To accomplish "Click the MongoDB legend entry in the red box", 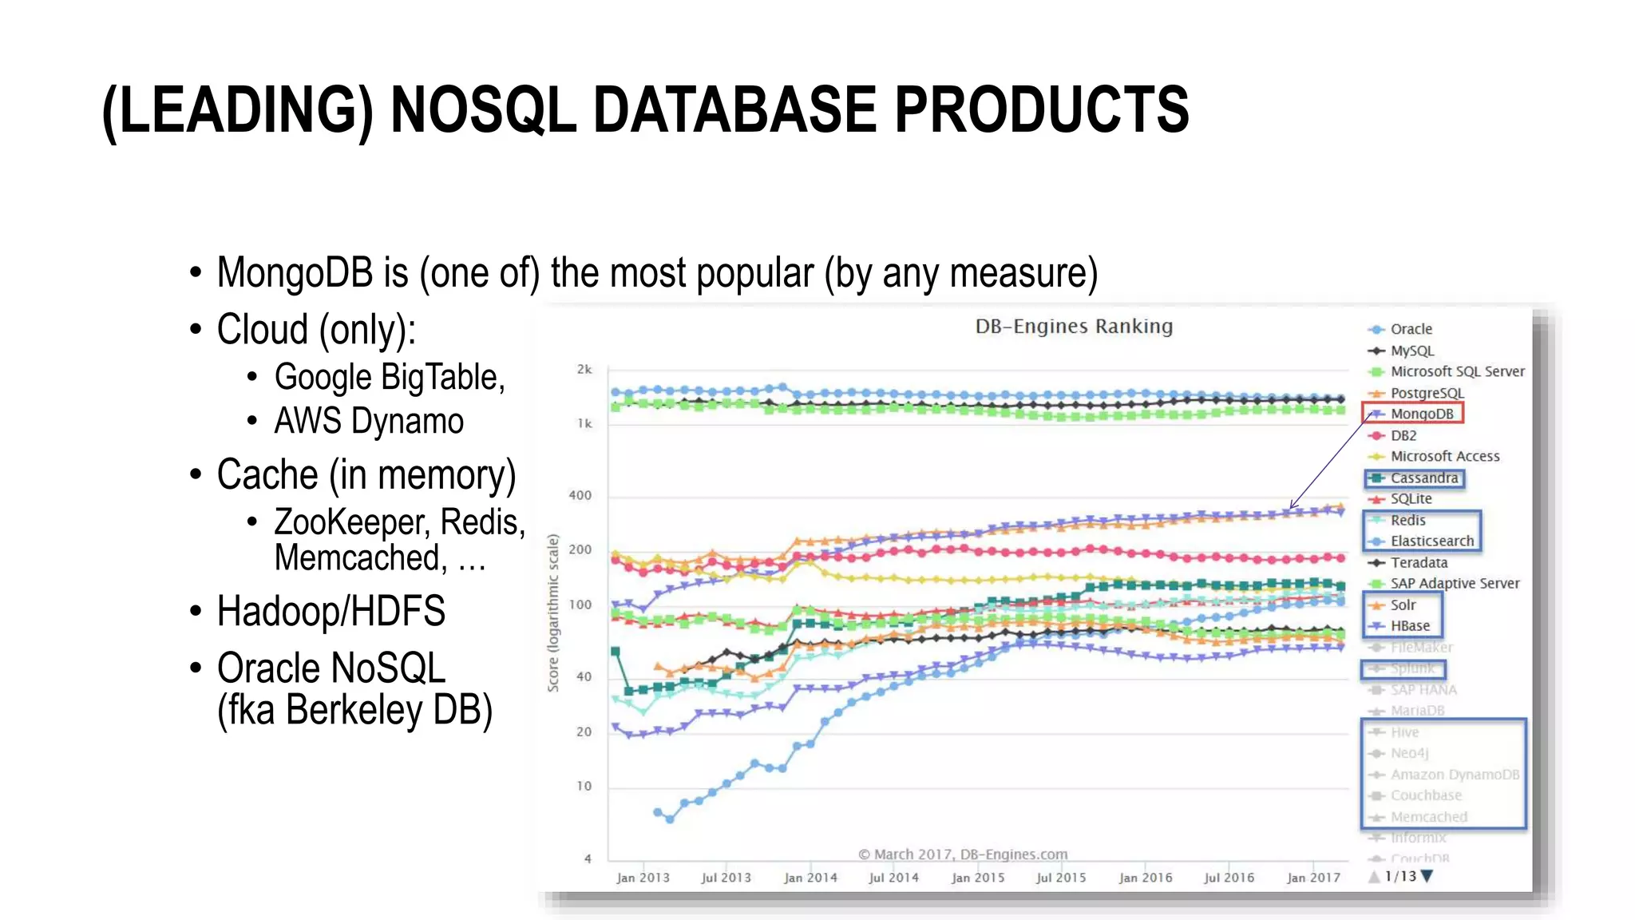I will [1421, 414].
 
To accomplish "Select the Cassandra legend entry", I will [1423, 478].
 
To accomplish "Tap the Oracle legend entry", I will [1411, 329].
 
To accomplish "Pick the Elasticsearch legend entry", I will [1431, 541].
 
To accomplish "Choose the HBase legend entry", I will [1410, 625].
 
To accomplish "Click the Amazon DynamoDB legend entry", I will [1454, 774].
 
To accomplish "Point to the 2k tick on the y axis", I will [584, 369].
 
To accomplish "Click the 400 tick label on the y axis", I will [580, 495].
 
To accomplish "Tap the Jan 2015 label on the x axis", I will [978, 877].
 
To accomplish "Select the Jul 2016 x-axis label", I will [1229, 877].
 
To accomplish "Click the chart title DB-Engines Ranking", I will [1074, 326].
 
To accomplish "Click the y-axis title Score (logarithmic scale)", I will [552, 613].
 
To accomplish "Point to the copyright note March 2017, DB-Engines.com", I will [963, 854].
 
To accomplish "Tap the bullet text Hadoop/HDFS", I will [331, 611].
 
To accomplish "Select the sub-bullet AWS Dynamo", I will [368, 421].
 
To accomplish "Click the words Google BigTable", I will [389, 377].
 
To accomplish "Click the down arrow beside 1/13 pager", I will [1427, 876].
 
